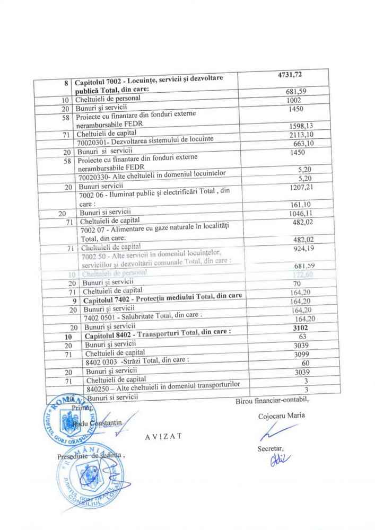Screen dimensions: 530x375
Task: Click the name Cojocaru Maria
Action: point(282,416)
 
